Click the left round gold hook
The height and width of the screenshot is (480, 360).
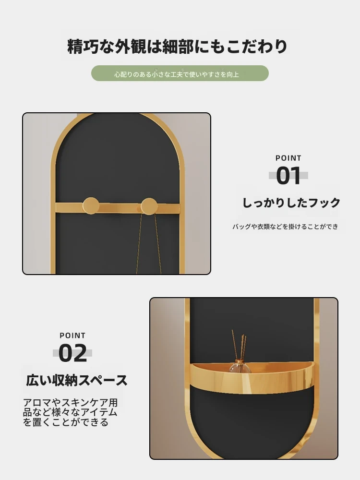coord(91,205)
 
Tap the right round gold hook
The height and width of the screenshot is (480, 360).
coord(149,206)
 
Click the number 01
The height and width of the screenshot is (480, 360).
coord(288,176)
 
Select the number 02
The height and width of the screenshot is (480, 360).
coord(72,353)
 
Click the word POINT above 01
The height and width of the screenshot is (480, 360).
coord(288,158)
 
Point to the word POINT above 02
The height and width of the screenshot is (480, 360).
coord(72,336)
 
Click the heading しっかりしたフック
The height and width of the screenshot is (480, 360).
coord(291,203)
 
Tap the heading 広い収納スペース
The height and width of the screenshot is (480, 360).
coord(76,380)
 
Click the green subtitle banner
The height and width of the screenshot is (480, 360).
coord(180,73)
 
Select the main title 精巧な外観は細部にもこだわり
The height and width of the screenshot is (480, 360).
coord(177,46)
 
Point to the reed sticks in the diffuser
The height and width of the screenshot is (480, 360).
coord(239,344)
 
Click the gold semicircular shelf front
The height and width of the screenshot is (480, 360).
coord(252,383)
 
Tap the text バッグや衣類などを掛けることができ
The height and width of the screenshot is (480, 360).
coord(285,227)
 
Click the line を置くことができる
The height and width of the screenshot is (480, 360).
coord(65,422)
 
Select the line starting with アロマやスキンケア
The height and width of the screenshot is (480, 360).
coord(71,402)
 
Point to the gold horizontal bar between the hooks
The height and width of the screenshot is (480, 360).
coord(120,207)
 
